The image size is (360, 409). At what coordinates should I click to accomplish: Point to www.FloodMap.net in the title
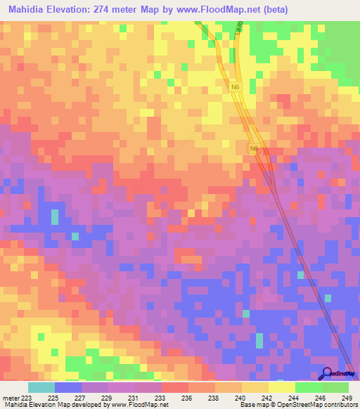tap(211, 9)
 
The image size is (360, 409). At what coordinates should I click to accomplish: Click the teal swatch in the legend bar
tap(41, 387)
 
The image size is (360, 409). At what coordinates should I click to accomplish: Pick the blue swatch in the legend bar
tap(67, 387)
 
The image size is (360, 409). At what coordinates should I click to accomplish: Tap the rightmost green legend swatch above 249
tap(335, 387)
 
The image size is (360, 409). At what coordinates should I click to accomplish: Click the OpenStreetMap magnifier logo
tap(328, 374)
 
